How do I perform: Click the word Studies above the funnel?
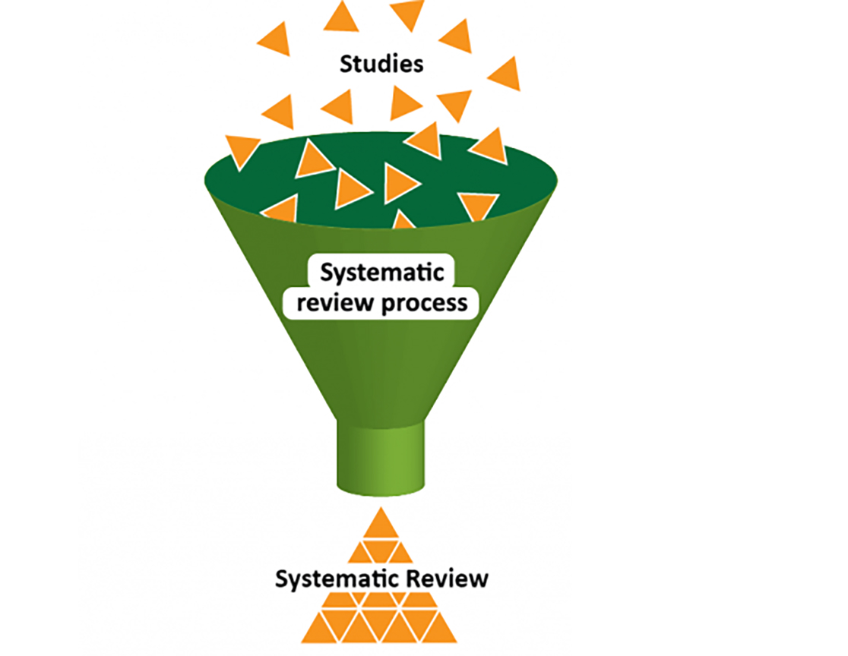click(381, 64)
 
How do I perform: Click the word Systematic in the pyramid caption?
click(331, 579)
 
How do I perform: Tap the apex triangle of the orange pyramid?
click(380, 525)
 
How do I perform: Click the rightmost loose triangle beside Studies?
click(505, 74)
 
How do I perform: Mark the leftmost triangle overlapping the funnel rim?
click(242, 149)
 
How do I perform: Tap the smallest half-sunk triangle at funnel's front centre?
click(403, 221)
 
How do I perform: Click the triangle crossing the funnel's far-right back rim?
click(490, 146)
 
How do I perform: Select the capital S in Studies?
click(346, 64)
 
